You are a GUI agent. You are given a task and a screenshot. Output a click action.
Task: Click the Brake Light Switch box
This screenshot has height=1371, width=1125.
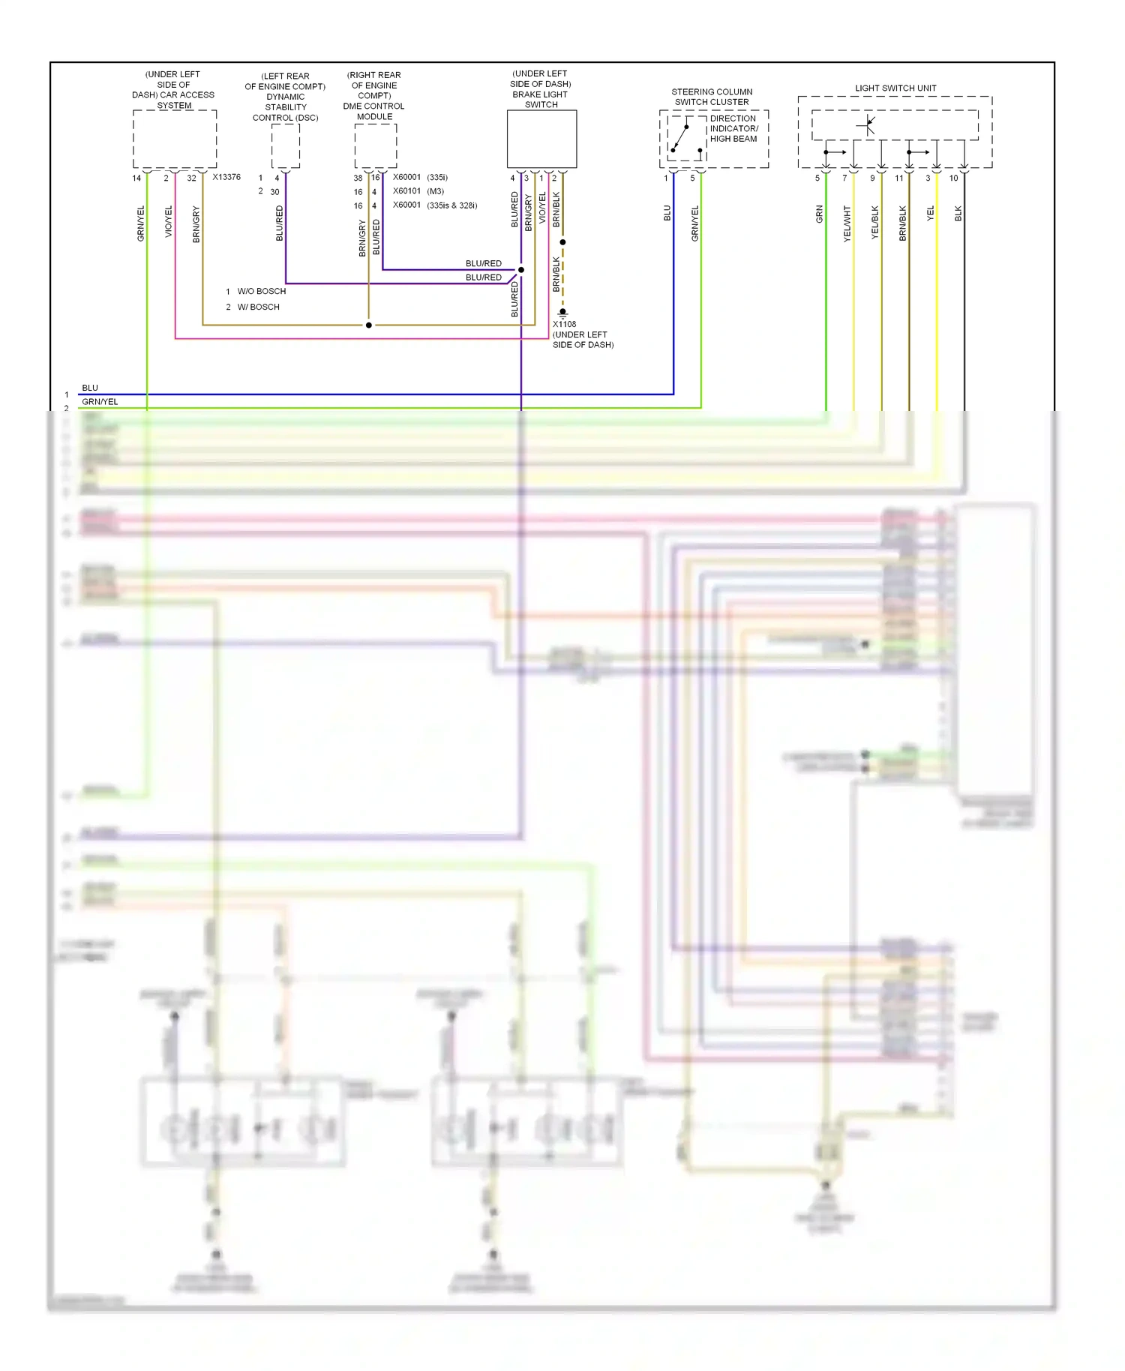pos(541,139)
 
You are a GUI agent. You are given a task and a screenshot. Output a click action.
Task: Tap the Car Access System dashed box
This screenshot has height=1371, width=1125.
pos(175,139)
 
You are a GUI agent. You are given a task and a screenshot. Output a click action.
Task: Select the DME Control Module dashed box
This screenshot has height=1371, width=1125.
pos(375,145)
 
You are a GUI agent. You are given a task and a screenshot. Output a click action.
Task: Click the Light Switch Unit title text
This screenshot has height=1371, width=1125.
pos(895,88)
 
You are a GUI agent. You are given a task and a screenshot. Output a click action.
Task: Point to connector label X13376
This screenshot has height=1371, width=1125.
pos(226,178)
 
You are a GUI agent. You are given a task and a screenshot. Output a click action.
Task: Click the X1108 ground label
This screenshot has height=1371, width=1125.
pos(565,325)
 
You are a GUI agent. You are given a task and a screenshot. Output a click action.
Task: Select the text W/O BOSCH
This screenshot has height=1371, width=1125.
pos(261,292)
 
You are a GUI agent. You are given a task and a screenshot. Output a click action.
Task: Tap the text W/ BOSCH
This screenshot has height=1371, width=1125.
pos(258,307)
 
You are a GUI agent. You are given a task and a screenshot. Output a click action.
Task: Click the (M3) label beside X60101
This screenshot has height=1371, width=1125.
pos(436,191)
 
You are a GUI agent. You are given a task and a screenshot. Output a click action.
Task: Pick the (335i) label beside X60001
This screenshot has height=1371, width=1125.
pos(437,178)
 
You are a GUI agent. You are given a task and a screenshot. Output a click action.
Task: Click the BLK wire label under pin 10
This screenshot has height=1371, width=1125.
pos(958,214)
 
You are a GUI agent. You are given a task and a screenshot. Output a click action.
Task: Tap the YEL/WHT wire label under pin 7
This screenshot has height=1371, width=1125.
pos(847,223)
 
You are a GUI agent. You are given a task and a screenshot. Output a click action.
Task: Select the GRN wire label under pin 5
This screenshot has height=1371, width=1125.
pos(820,214)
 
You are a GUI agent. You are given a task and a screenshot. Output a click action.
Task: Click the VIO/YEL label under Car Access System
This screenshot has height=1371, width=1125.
pos(169,222)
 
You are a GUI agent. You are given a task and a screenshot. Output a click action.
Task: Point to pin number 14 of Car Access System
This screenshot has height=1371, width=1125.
pos(136,178)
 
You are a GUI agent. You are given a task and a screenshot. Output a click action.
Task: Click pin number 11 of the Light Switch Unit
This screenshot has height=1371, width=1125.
pos(899,178)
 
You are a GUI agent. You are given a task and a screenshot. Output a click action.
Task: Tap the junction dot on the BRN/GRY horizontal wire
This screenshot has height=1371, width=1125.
pos(368,325)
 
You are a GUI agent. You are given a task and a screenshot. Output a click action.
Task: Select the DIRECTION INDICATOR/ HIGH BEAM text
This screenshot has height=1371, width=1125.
pos(733,129)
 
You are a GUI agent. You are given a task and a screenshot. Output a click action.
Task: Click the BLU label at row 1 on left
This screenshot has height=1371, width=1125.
pos(90,388)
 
